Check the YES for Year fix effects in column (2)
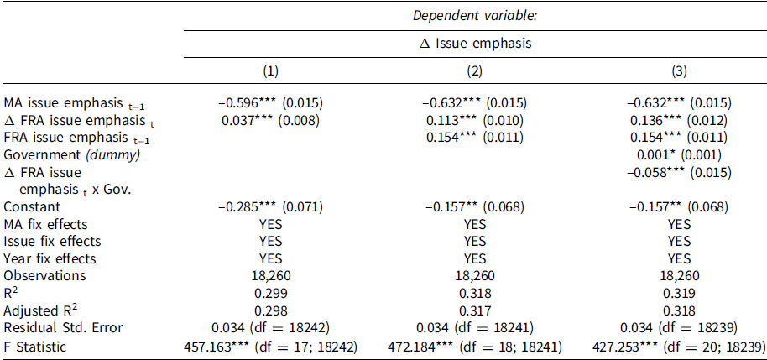point(474,258)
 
